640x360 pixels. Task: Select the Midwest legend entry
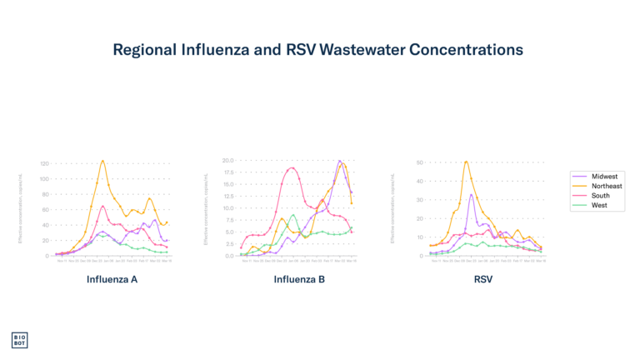(x=604, y=177)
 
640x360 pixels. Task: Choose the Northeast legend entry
(x=607, y=186)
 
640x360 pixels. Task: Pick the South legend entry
(x=601, y=196)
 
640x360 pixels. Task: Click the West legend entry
(x=600, y=205)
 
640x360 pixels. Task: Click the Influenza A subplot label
(x=112, y=279)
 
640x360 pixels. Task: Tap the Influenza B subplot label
(x=298, y=279)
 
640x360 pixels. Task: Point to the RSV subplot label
(x=483, y=279)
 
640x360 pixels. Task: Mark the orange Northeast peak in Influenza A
(x=102, y=161)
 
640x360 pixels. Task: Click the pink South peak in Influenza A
(x=102, y=206)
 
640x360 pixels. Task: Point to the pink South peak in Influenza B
(x=292, y=167)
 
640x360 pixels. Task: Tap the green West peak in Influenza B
(x=293, y=215)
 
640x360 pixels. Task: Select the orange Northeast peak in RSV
(x=467, y=161)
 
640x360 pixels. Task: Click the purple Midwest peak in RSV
(x=472, y=195)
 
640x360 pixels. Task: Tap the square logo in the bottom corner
(x=19, y=340)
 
